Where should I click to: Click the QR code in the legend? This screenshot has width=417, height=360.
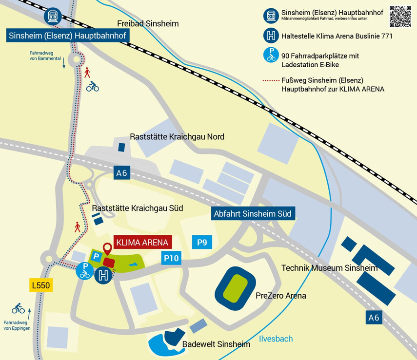[400, 16]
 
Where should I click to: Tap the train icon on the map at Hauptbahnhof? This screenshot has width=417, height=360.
[52, 16]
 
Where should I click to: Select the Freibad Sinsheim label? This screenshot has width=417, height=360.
[148, 23]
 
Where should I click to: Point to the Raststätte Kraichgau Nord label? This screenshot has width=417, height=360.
[177, 137]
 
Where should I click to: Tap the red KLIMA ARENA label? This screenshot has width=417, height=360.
[142, 242]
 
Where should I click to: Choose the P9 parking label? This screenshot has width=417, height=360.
[202, 242]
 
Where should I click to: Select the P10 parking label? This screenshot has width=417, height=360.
[171, 258]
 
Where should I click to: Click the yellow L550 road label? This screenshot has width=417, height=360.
[40, 285]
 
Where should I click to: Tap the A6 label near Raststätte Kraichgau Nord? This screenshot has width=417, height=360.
[122, 172]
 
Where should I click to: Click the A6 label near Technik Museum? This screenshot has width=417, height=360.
[374, 318]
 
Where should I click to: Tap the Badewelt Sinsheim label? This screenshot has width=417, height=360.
[216, 344]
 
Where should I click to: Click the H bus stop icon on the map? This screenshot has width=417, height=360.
[103, 275]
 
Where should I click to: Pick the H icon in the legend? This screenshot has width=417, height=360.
[271, 36]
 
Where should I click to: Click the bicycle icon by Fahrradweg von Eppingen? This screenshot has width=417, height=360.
[18, 308]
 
